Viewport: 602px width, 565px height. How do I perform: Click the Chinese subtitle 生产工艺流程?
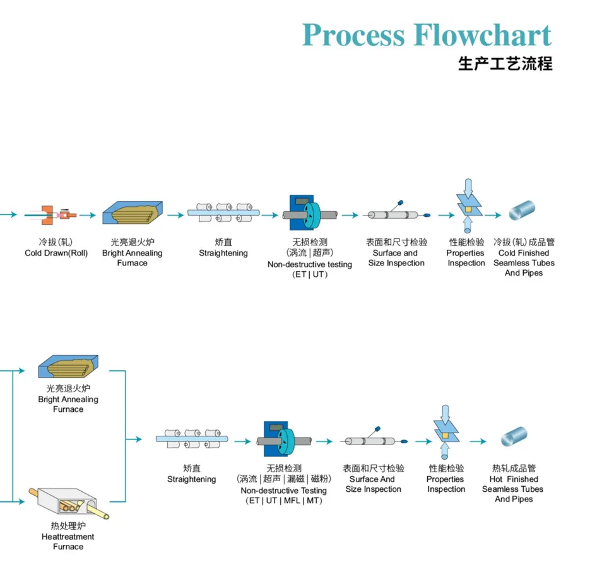click(505, 64)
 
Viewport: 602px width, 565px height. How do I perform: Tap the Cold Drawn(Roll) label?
click(56, 253)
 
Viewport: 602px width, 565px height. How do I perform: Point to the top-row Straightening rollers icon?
click(223, 213)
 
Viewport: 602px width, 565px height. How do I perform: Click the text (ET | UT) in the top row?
click(309, 275)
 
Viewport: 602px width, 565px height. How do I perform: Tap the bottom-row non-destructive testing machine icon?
click(283, 440)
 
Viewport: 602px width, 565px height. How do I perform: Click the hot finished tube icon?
click(514, 437)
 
